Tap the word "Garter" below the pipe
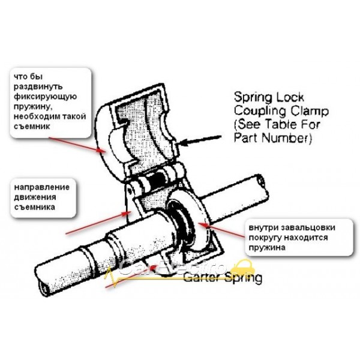coord(201,278)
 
